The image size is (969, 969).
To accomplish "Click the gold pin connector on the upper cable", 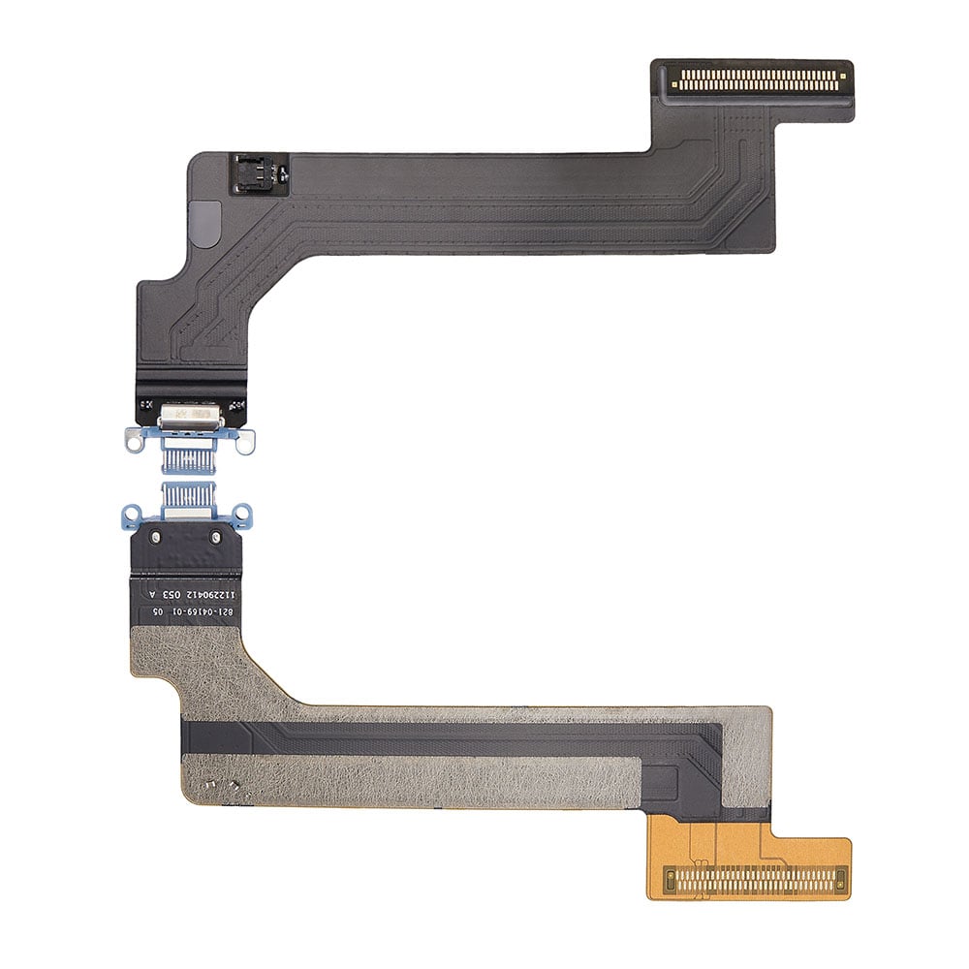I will tap(752, 80).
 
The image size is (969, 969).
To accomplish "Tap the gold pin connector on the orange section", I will tap(753, 880).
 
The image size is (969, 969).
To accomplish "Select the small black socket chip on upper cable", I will tap(260, 172).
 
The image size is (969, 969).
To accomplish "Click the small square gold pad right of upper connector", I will tap(843, 73).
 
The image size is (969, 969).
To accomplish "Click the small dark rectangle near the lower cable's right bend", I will tap(668, 781).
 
